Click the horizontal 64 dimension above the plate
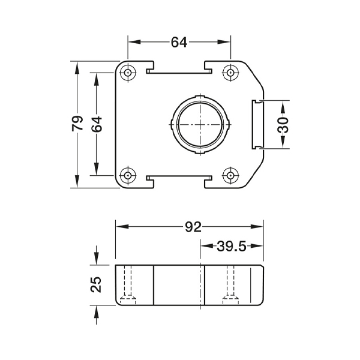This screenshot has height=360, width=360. (179, 42)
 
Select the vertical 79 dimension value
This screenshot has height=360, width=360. (77, 123)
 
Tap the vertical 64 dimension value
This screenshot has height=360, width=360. (97, 124)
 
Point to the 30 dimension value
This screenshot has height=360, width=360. (283, 125)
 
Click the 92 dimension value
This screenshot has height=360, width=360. (193, 227)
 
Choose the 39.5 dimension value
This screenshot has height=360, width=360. (231, 247)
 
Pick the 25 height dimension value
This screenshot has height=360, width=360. (96, 284)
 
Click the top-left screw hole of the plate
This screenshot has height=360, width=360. (128, 73)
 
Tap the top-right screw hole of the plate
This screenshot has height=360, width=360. (230, 73)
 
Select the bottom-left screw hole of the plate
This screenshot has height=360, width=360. (128, 176)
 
